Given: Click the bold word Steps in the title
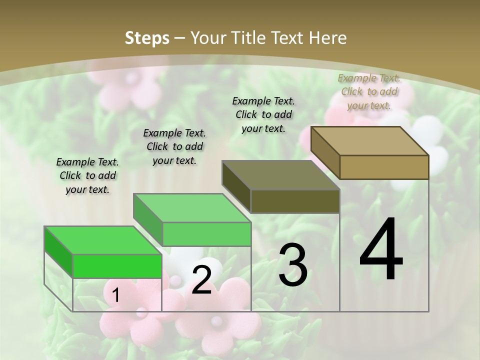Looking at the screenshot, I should pyautogui.click(x=147, y=38).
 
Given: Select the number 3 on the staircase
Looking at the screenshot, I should pyautogui.click(x=293, y=265).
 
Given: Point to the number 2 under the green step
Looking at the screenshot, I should pyautogui.click(x=201, y=280).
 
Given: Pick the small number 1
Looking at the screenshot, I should pyautogui.click(x=115, y=295).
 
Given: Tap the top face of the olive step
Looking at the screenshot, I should pyautogui.click(x=280, y=175).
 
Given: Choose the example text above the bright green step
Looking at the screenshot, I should pyautogui.click(x=87, y=175).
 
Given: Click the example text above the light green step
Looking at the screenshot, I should pyautogui.click(x=174, y=146).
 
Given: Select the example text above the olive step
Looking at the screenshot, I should pyautogui.click(x=263, y=114).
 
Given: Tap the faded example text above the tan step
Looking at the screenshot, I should pyautogui.click(x=369, y=91).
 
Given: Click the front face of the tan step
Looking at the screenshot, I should pyautogui.click(x=384, y=167).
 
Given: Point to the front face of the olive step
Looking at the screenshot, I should pyautogui.click(x=295, y=201).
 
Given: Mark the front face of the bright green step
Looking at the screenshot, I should pyautogui.click(x=117, y=266).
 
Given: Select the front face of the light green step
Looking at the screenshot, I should pyautogui.click(x=206, y=234).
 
